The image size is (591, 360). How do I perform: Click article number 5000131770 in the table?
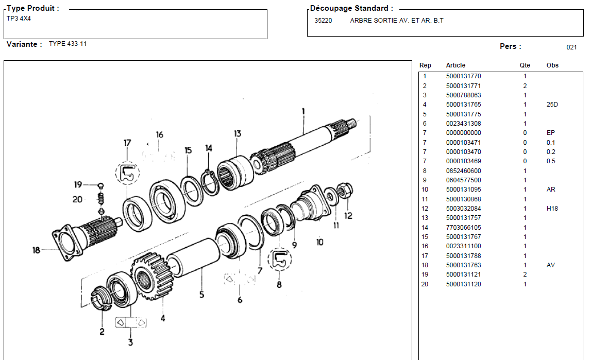(463, 76)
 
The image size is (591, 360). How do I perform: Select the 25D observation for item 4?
(552, 105)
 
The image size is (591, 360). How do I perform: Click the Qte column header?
(525, 65)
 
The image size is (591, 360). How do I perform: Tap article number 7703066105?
(463, 228)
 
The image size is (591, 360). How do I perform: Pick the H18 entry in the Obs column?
(552, 209)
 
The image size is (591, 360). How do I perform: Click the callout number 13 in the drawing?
(237, 134)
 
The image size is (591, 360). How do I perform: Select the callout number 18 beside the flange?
(36, 251)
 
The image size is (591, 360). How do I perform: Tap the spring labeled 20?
(102, 198)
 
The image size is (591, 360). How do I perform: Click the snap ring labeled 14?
(210, 183)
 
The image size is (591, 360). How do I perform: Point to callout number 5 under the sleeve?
(201, 295)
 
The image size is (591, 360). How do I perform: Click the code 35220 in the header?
(323, 21)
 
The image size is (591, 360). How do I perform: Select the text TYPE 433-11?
(67, 44)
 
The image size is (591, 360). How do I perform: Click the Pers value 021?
(571, 47)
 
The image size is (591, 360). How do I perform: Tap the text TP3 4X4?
(19, 18)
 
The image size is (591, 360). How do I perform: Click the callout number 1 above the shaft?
(303, 111)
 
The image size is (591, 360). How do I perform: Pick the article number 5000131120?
(463, 284)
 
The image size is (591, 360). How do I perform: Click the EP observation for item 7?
(550, 133)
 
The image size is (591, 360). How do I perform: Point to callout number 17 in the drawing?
(127, 143)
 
